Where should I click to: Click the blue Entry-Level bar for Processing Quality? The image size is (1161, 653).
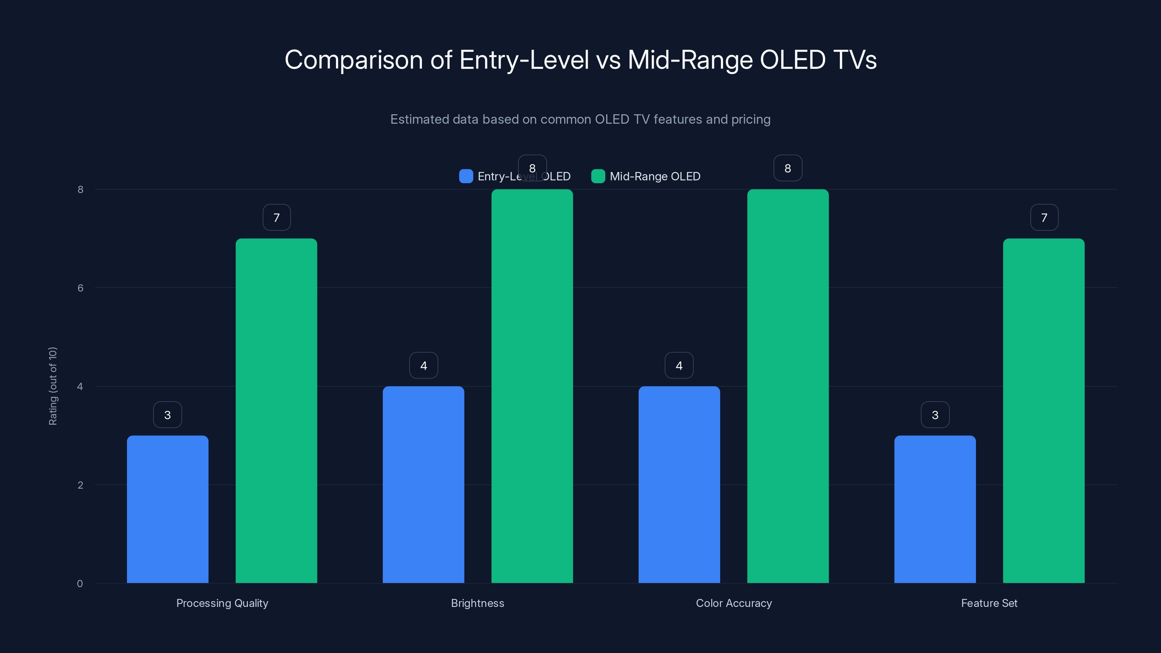tap(167, 509)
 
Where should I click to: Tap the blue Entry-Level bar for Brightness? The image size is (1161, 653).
tap(423, 484)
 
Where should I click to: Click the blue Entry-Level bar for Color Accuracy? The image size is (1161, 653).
tap(679, 484)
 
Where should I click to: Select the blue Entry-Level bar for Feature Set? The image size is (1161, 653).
tap(935, 509)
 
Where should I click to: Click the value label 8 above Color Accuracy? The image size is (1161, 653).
tap(788, 168)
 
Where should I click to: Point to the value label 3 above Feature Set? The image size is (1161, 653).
tap(935, 415)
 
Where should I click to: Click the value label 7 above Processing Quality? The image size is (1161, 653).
tap(276, 218)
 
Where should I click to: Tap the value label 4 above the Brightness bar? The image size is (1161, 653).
tap(423, 365)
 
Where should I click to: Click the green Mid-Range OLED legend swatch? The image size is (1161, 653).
tap(598, 176)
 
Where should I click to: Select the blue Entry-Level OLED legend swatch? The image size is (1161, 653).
tap(465, 176)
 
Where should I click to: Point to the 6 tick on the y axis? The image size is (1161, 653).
tap(80, 288)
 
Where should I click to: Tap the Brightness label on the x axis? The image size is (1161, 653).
tap(477, 603)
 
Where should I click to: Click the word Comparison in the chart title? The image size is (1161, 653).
tap(353, 60)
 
